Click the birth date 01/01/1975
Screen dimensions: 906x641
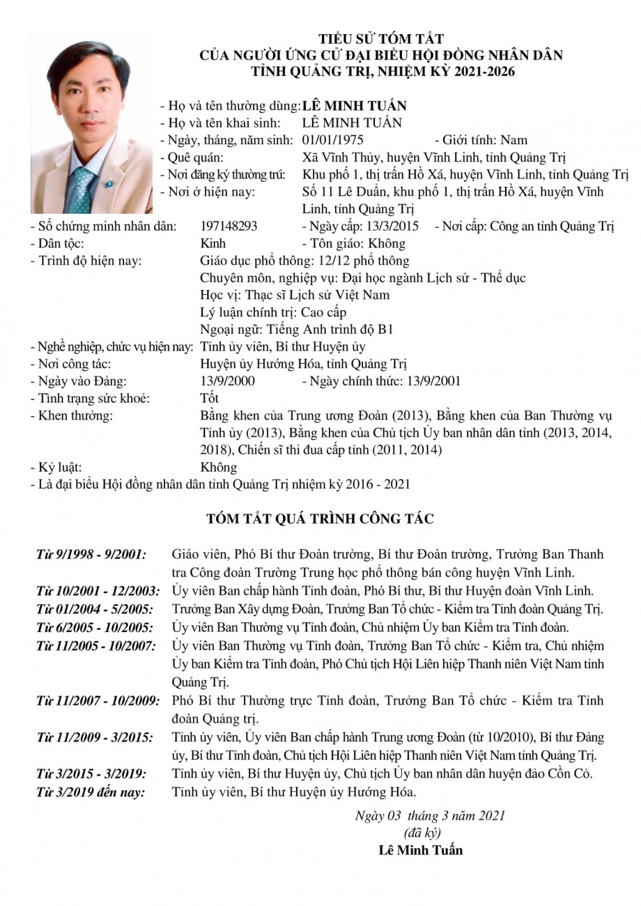[333, 140]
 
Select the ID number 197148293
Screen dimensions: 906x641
[229, 227]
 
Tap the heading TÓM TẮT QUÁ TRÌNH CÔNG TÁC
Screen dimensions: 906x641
[320, 519]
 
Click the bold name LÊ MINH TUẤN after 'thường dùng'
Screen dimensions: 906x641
[355, 106]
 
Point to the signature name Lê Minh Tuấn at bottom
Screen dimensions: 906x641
[420, 850]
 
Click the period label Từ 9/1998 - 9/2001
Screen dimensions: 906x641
[91, 555]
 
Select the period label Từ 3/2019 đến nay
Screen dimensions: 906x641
[91, 792]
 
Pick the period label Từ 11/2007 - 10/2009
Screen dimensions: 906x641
[98, 700]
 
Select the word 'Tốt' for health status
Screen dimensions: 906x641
[209, 399]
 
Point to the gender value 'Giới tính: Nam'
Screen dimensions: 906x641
[485, 140]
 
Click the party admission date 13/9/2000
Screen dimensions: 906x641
[227, 381]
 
